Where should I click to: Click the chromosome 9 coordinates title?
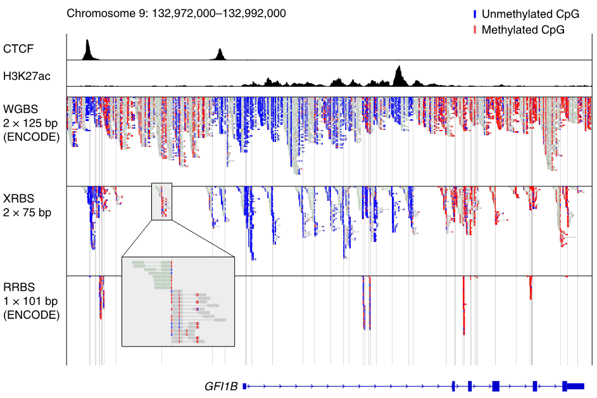[176, 13]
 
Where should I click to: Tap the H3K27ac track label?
[27, 76]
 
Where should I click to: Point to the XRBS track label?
[18, 199]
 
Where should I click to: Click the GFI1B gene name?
[220, 386]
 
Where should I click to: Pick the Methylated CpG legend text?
[523, 29]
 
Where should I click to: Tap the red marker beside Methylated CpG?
[475, 29]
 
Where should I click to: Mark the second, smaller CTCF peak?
[220, 55]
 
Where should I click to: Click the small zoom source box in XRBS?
[161, 202]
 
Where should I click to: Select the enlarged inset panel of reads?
[178, 302]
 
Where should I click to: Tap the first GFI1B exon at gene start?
[245, 385]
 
